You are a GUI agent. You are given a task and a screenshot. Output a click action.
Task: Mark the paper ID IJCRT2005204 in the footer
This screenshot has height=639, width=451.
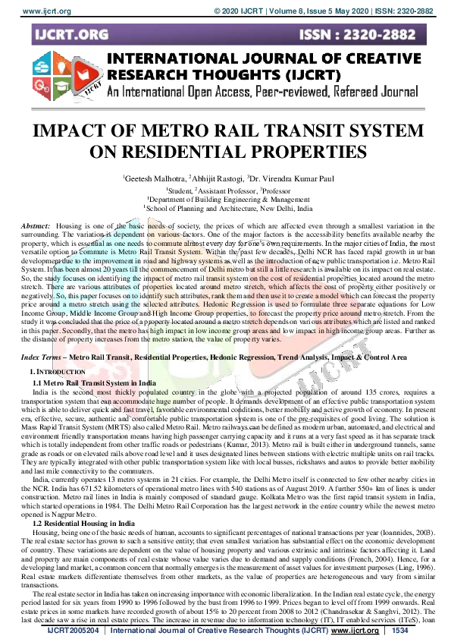coord(72,629)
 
